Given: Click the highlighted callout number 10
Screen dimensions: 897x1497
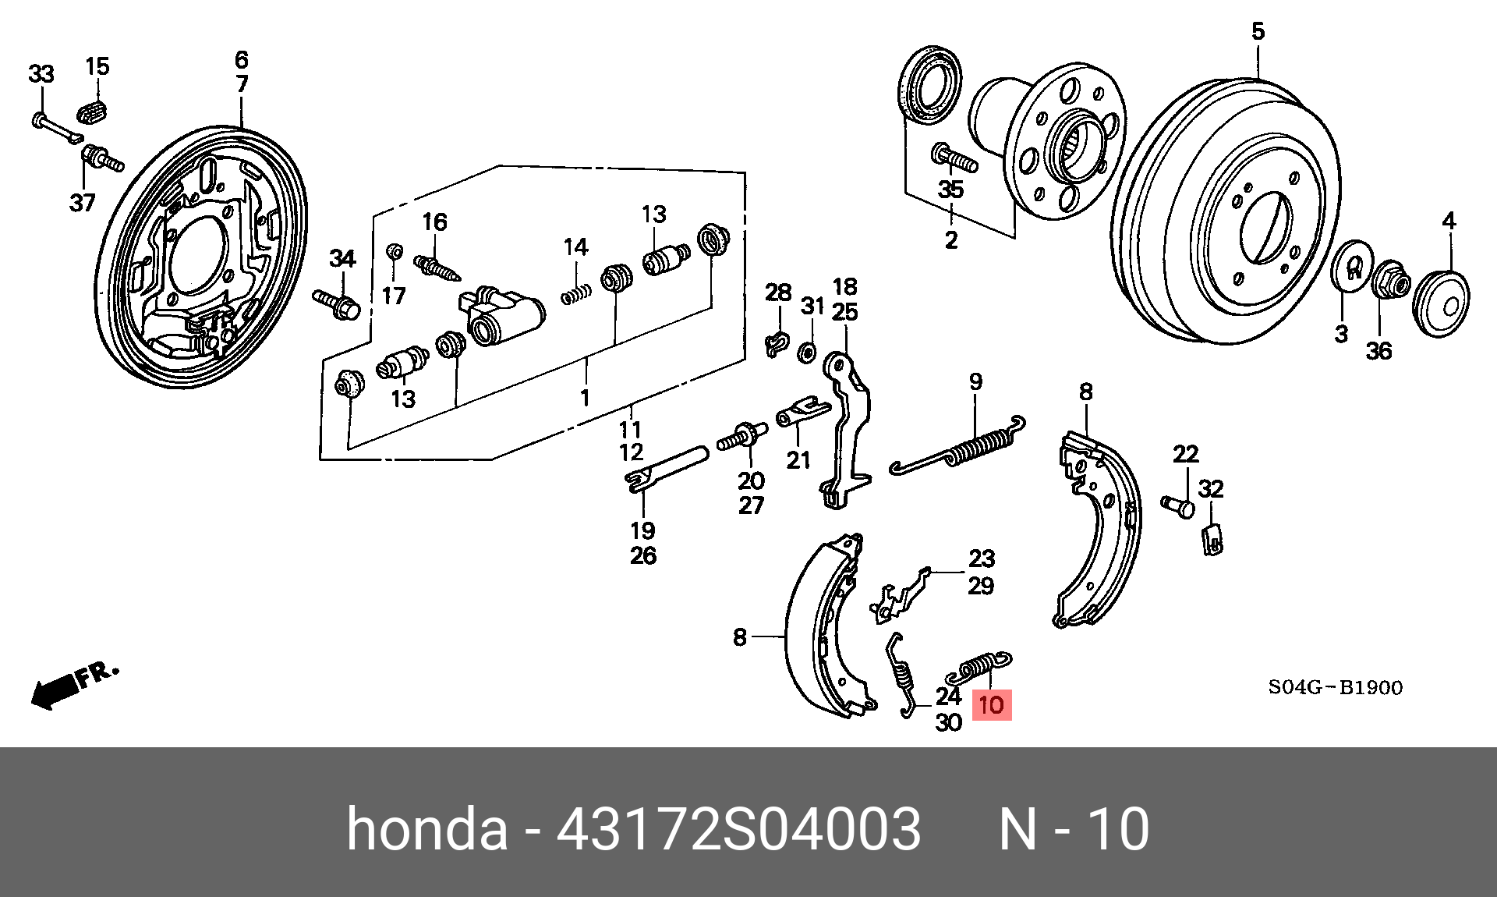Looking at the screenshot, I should [991, 706].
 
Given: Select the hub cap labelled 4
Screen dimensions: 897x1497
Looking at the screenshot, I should [1441, 303].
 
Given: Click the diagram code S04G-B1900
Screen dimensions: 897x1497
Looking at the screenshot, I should [1334, 687].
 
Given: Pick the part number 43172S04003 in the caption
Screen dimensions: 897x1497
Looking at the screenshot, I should [738, 828].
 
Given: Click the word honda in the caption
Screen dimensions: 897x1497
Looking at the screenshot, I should [426, 828].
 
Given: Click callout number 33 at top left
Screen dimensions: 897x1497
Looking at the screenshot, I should [41, 74].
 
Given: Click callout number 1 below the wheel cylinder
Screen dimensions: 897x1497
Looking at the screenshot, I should [585, 397].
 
